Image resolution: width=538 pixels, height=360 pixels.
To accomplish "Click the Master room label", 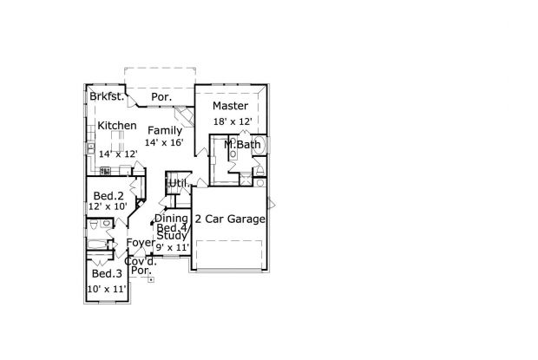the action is [230, 106].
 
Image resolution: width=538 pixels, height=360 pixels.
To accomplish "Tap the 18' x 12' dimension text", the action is [233, 121].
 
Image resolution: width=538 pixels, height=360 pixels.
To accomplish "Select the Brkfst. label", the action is [107, 96].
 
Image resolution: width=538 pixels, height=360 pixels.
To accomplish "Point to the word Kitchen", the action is [117, 126].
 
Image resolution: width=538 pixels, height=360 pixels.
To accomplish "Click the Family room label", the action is [165, 131].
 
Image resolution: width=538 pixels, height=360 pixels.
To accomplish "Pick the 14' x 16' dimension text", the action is [164, 142].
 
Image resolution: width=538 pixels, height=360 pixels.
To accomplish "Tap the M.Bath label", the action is [242, 144].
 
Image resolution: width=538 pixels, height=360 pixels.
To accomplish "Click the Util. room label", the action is [178, 183].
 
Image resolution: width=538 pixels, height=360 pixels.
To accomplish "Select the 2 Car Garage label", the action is [230, 219].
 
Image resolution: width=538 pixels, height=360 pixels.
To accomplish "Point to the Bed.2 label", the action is [108, 196].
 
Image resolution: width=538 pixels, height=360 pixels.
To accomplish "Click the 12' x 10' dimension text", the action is [108, 206].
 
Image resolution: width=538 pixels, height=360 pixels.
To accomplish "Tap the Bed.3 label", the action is [107, 273].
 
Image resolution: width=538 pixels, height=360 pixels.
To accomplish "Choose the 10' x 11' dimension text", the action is [108, 289].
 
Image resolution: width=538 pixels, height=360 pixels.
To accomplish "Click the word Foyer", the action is [141, 242].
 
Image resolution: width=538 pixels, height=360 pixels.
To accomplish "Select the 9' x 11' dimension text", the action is [173, 247].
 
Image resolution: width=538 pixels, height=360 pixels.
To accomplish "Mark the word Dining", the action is [171, 219].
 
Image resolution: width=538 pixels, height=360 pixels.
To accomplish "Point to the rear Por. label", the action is [161, 97].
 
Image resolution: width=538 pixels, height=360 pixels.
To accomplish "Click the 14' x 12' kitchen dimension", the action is [118, 154].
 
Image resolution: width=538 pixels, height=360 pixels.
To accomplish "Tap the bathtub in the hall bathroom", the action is [97, 244].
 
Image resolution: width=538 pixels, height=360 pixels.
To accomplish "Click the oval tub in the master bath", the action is [259, 144].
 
